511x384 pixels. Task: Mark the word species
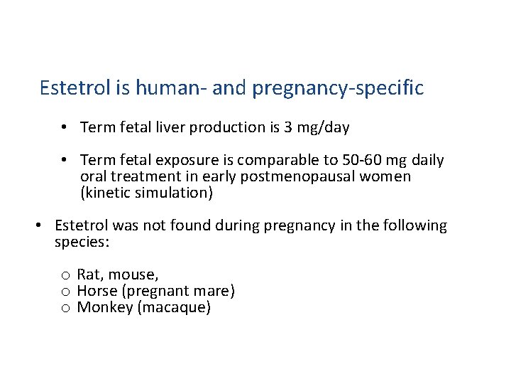click(81, 242)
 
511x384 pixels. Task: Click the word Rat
click(89, 274)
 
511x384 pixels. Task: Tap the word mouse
click(133, 275)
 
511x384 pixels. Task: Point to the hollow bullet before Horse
click(65, 292)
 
